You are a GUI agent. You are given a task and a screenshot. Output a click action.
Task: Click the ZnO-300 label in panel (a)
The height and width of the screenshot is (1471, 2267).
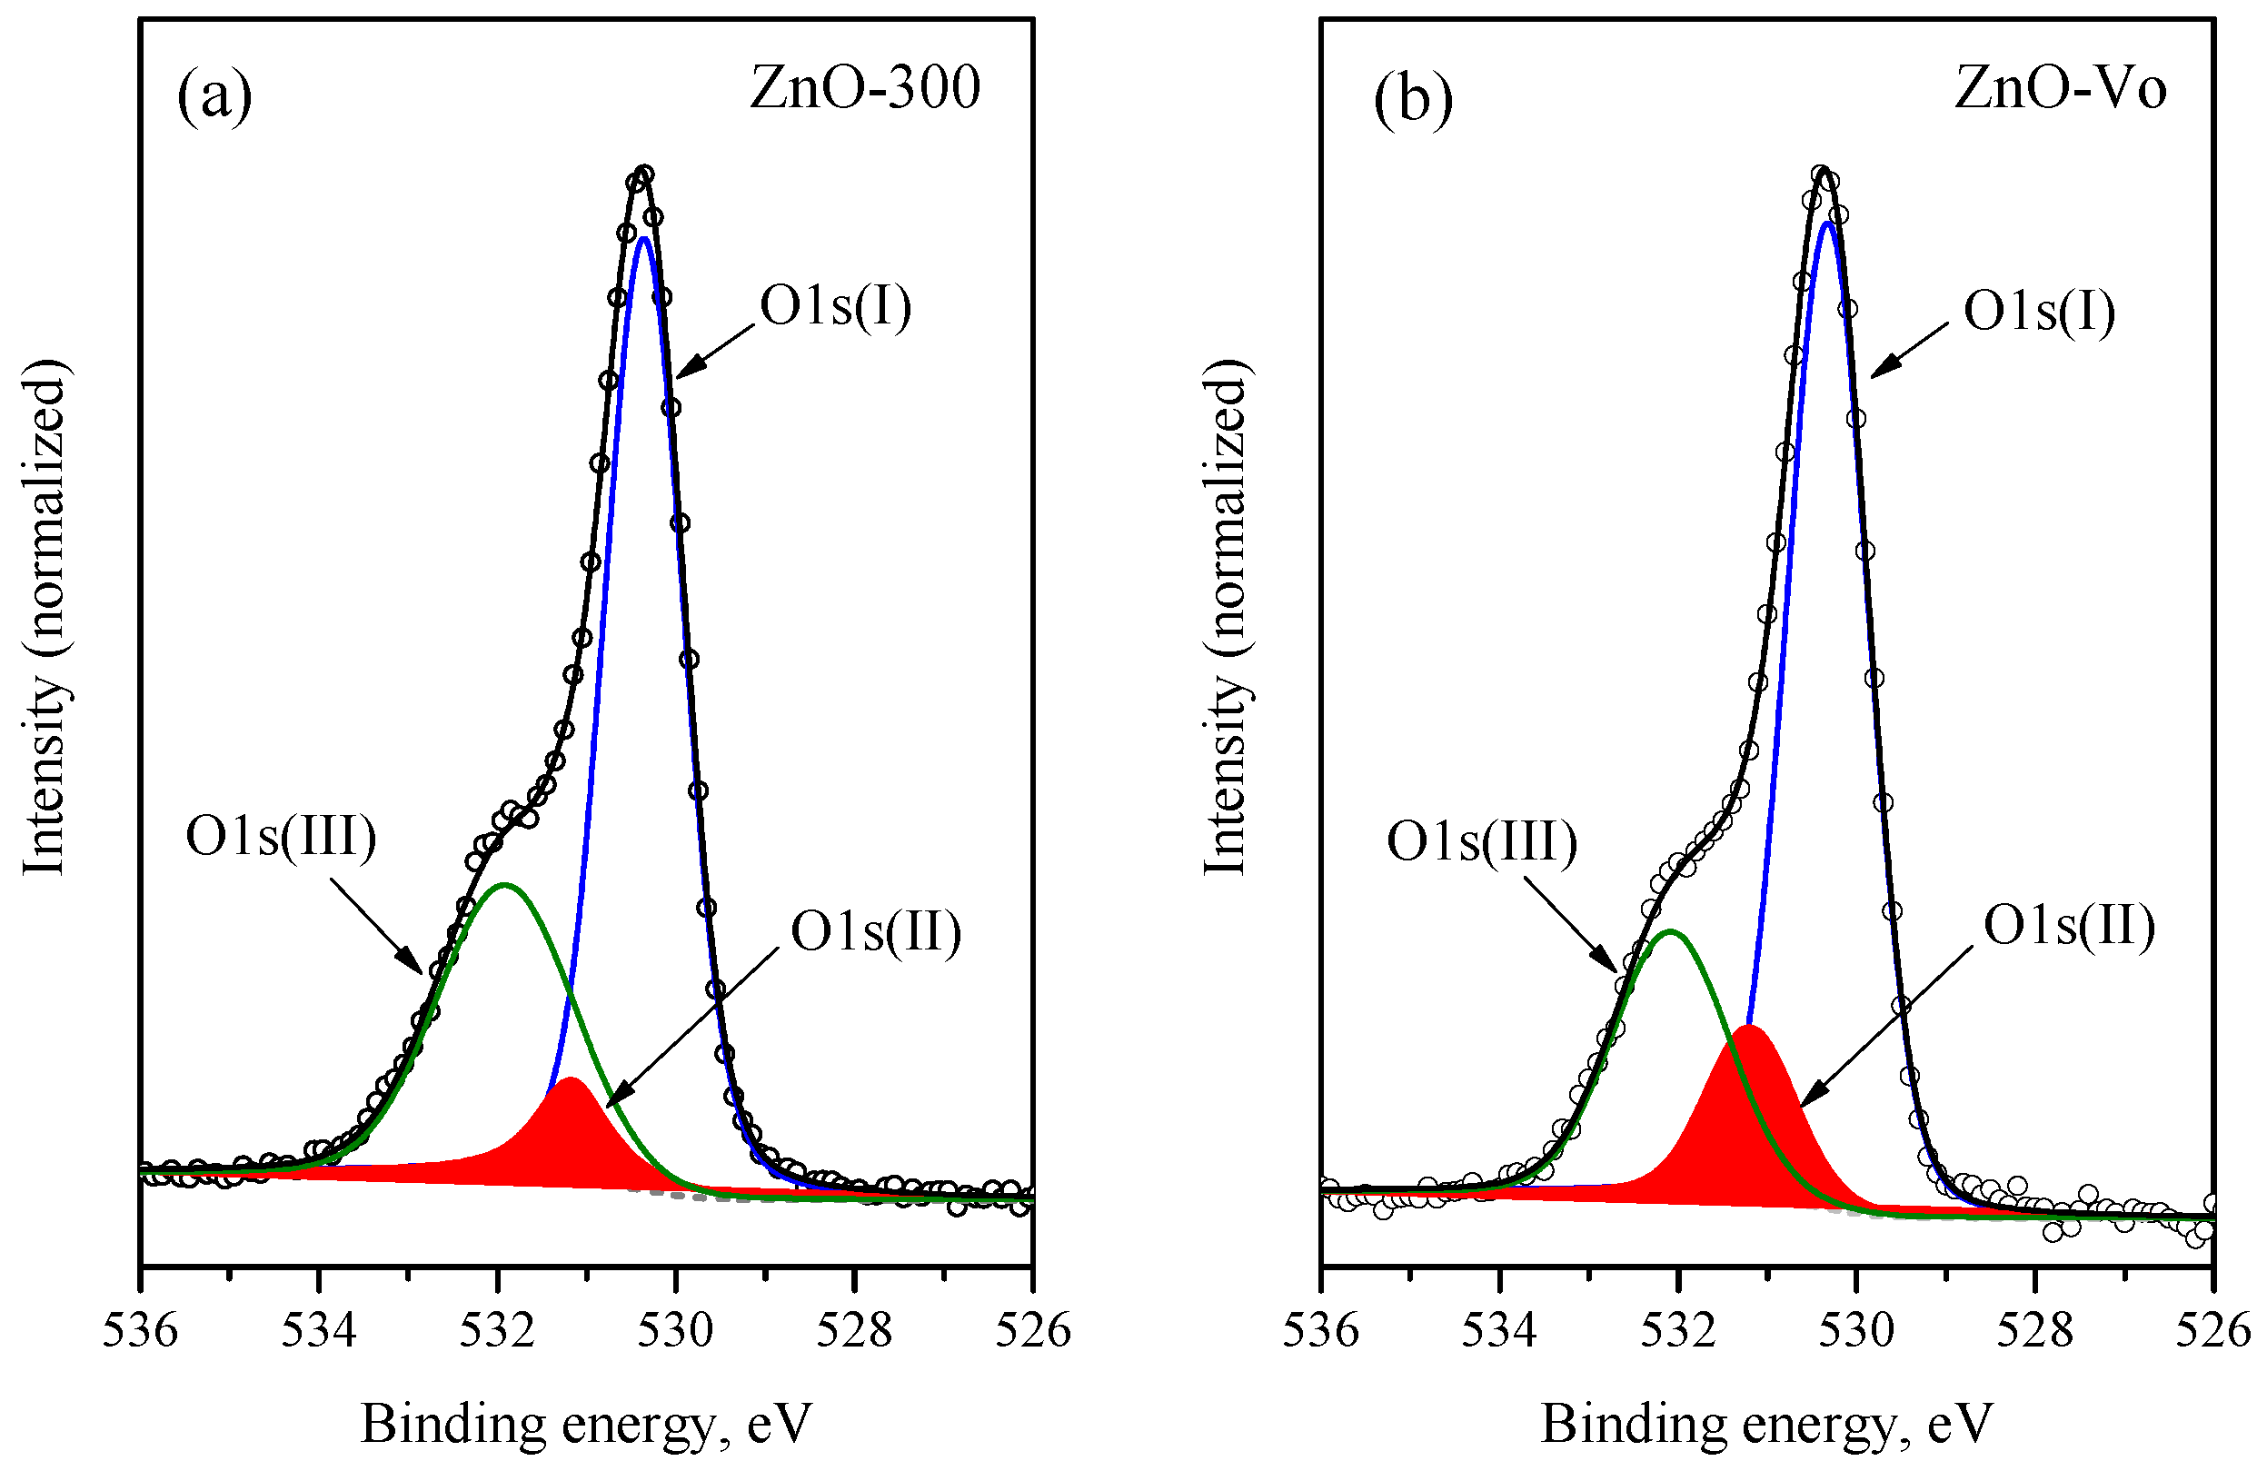(x=864, y=89)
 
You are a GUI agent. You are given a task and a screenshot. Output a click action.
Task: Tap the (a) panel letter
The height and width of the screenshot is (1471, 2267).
(x=214, y=95)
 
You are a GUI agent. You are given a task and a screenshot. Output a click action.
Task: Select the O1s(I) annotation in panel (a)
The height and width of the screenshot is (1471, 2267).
(x=834, y=307)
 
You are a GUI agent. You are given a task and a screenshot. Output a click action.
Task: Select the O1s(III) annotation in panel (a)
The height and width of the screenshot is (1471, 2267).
(x=281, y=837)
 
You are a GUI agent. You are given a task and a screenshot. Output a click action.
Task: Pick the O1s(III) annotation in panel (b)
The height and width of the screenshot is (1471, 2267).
(x=1482, y=841)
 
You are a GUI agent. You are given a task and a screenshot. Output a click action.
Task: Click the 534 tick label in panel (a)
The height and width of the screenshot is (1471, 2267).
(x=319, y=1330)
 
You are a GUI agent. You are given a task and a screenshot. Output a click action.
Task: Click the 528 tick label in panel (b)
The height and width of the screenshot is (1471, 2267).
(x=2034, y=1330)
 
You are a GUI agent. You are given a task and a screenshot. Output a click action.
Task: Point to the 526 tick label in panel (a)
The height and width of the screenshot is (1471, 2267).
(x=1032, y=1330)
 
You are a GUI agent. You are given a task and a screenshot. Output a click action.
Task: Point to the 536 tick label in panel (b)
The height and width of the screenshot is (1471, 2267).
(x=1321, y=1330)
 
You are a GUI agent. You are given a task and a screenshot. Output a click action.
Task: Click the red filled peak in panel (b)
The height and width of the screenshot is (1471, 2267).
(x=1751, y=1115)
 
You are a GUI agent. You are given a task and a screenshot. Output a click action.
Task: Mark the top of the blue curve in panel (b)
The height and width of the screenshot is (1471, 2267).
(x=1827, y=223)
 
